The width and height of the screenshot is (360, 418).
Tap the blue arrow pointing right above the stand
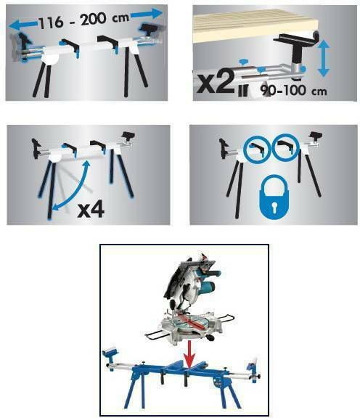[147, 14]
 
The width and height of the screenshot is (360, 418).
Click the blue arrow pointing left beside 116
[23, 25]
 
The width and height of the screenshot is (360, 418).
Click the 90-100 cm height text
[294, 91]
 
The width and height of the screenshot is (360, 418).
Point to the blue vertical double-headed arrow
[323, 58]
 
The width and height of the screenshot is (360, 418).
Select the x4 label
[91, 210]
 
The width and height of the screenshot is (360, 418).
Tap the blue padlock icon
[274, 198]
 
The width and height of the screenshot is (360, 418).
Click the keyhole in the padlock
[274, 208]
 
